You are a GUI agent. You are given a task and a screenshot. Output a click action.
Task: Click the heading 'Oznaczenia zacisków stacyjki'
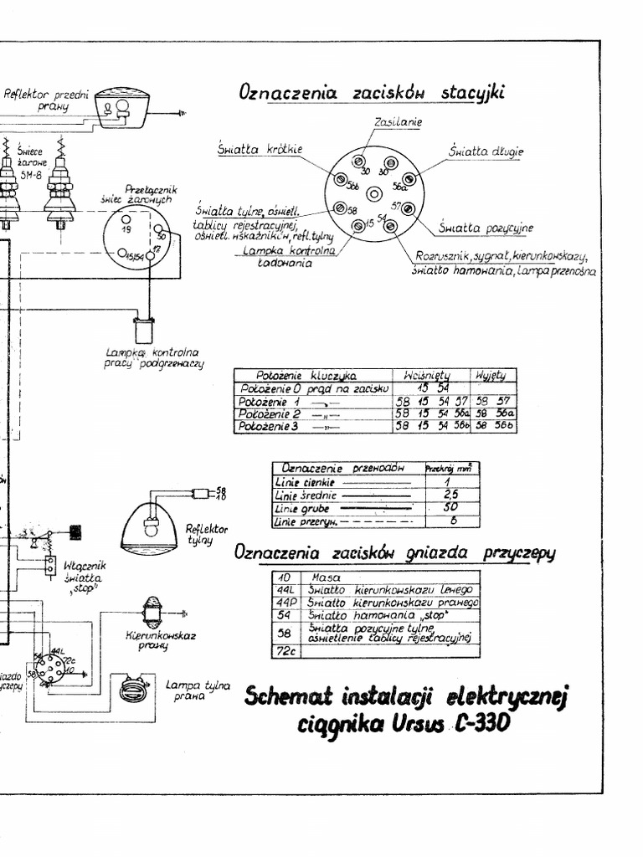pos(372,92)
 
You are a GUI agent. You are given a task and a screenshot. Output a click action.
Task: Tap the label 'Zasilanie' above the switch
pos(399,122)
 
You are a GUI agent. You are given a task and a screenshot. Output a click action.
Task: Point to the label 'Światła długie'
pos(486,151)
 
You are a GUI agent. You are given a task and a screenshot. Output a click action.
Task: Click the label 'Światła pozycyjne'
pos(486,228)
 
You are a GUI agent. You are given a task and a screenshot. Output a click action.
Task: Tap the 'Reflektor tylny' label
pos(206,534)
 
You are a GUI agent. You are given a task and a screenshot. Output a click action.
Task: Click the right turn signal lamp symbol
pos(152,613)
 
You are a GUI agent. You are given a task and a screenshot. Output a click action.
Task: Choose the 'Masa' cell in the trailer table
pos(323,577)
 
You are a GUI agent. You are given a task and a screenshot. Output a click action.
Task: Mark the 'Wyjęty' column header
pos(496,375)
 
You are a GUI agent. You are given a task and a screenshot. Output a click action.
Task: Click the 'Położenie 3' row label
pos(269,426)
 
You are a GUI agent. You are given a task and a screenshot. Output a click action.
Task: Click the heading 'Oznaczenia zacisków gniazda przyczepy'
pos(395,553)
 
